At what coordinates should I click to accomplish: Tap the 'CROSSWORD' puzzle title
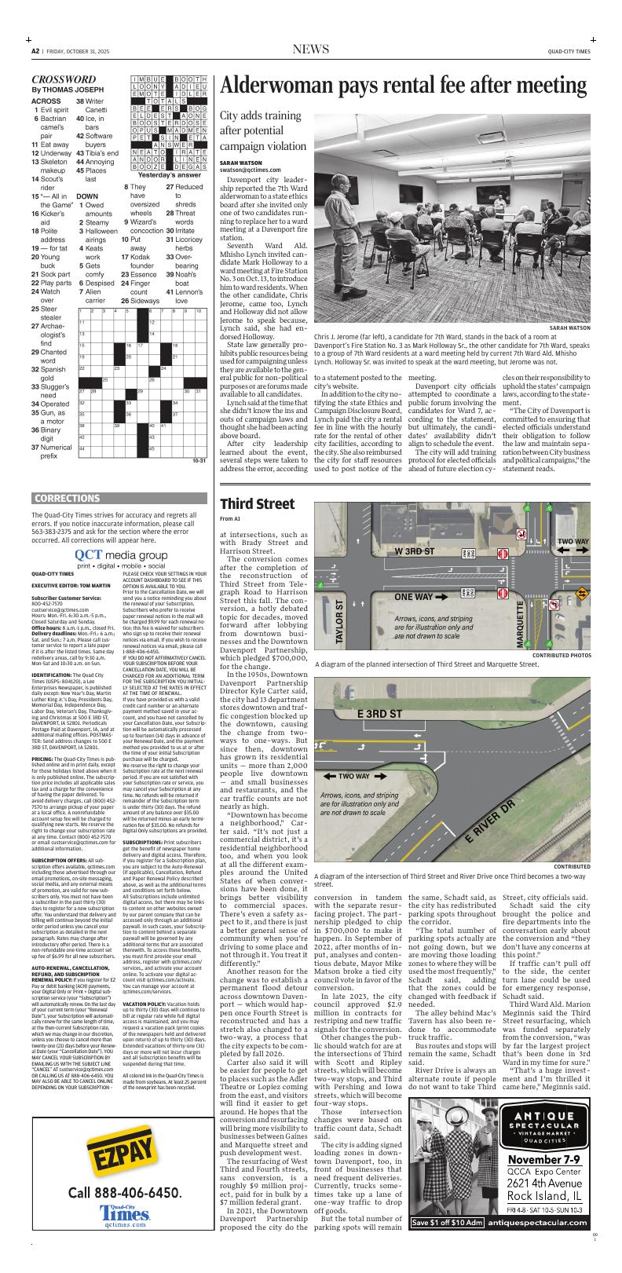coord(64,79)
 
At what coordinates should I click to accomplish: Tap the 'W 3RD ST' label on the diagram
coord(415,551)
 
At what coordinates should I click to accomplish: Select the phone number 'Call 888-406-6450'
coord(124,1192)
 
